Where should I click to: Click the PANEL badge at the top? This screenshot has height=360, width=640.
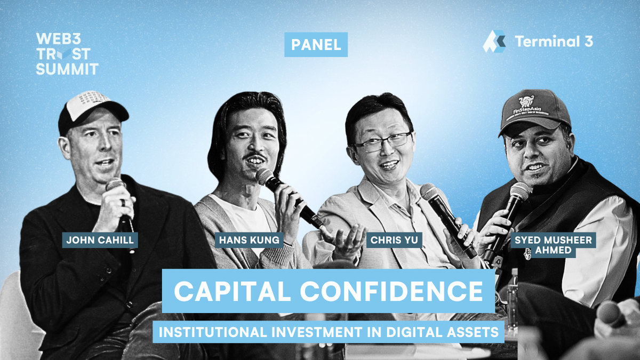point(316,45)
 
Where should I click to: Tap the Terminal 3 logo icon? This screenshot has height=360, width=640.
point(494,42)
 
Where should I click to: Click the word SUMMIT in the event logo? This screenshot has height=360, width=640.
point(67,69)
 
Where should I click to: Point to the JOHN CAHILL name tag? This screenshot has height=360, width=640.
point(99,240)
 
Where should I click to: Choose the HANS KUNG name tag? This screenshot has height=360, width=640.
point(249,240)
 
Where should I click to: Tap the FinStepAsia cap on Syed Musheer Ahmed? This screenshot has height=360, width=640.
point(534,110)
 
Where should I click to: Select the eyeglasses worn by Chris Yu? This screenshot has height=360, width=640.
point(383,141)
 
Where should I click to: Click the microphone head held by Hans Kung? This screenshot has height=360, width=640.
point(265,177)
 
